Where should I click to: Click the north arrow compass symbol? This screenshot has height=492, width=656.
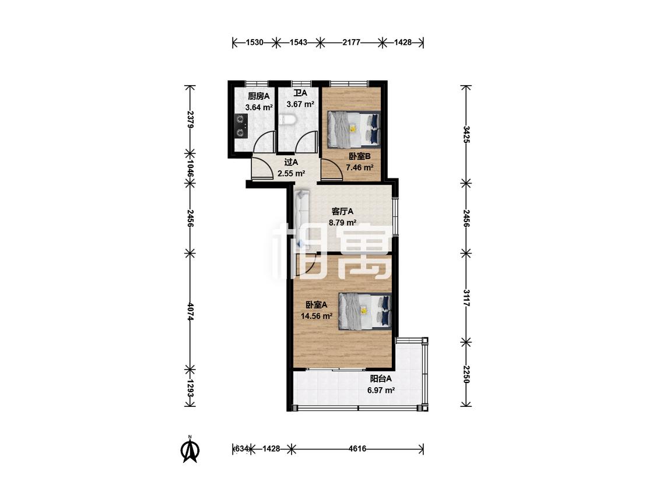tap(190, 449)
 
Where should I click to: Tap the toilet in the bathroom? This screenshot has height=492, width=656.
tap(288, 120)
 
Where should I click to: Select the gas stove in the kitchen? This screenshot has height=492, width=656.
tap(241, 125)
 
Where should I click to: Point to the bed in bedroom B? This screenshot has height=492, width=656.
tap(354, 129)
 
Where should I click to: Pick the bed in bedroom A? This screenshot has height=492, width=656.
tap(364, 311)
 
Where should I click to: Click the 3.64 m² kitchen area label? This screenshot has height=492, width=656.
tap(259, 107)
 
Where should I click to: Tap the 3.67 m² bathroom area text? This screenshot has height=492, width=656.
tap(300, 104)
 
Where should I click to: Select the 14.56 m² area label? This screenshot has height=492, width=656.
tap(317, 317)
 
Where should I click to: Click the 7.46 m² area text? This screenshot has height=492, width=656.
tap(359, 168)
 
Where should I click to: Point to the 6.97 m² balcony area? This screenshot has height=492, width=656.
tap(381, 391)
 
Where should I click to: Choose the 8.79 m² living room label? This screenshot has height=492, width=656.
tap(342, 223)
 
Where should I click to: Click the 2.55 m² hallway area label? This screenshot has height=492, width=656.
tap(291, 173)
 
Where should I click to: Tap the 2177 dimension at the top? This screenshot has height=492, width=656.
tap(352, 42)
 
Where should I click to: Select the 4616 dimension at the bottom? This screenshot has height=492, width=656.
tap(357, 449)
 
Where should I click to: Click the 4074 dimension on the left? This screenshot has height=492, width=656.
tap(190, 312)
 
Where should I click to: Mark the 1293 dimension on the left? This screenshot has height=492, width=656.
tap(190, 389)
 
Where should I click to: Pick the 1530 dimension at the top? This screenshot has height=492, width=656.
tap(254, 42)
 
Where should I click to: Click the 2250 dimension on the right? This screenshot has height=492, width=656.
tap(466, 374)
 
